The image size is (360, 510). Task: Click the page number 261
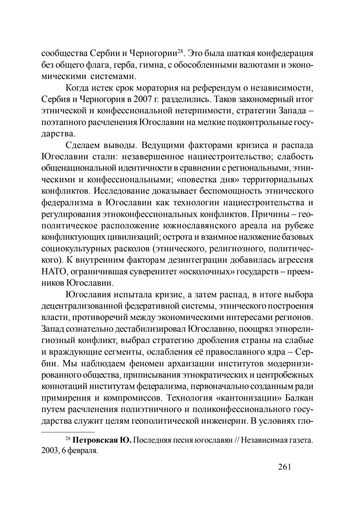[284, 467]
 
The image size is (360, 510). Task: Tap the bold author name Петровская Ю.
[103, 440]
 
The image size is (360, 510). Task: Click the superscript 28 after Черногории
[180, 51]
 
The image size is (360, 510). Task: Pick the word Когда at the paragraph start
[78, 88]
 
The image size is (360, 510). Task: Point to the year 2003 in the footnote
[50, 451]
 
